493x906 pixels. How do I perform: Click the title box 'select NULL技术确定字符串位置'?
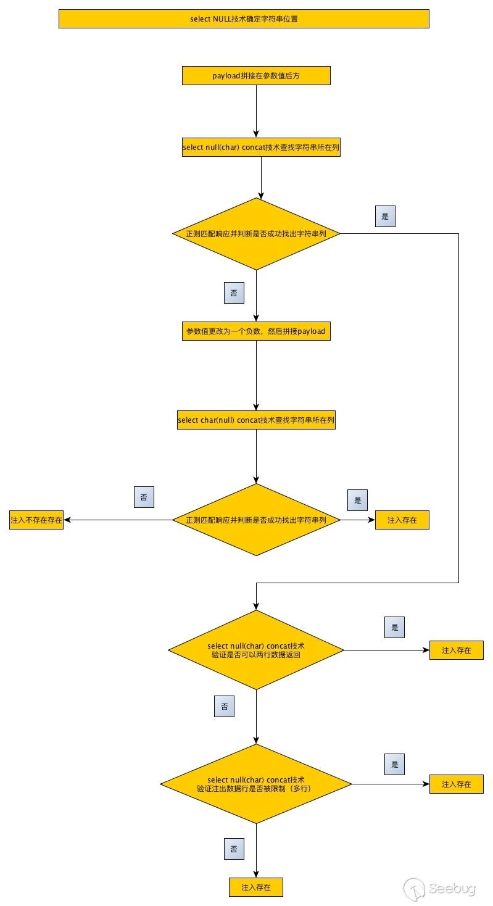(x=244, y=19)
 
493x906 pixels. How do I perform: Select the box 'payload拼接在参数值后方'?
(x=256, y=76)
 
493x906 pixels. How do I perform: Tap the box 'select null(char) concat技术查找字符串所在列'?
(x=261, y=148)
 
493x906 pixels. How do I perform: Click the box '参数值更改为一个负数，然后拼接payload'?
(x=256, y=331)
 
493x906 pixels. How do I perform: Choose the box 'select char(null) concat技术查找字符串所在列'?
(x=256, y=420)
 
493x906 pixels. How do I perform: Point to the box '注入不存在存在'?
(x=36, y=520)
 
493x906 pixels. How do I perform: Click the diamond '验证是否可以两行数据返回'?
(x=256, y=650)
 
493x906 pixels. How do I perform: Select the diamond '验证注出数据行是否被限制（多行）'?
(x=256, y=784)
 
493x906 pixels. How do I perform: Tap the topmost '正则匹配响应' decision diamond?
(x=256, y=234)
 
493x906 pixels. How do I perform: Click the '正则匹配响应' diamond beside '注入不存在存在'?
(x=256, y=520)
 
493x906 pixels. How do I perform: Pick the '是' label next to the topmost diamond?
(x=385, y=217)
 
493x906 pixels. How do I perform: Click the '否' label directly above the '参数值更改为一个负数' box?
(x=234, y=293)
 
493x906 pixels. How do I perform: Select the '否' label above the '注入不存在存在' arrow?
(x=144, y=497)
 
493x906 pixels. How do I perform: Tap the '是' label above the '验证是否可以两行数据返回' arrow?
(x=394, y=628)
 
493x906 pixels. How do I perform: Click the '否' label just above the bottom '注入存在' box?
(x=234, y=849)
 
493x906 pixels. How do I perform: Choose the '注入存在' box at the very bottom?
(x=256, y=887)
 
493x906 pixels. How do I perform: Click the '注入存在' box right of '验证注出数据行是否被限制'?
(x=457, y=784)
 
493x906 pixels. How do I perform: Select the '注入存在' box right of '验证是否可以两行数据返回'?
(x=457, y=650)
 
